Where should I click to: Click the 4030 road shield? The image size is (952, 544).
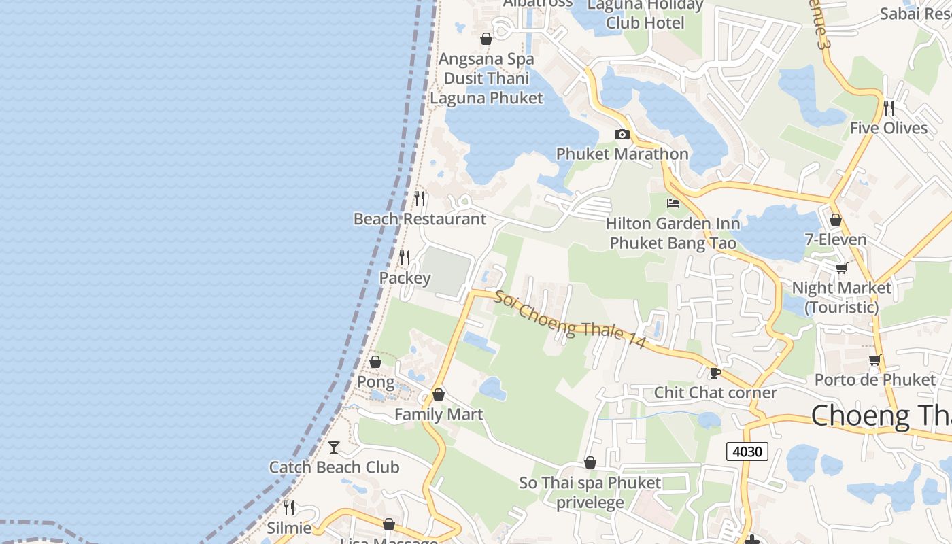(x=747, y=451)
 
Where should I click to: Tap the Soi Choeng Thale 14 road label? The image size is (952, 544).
(x=570, y=320)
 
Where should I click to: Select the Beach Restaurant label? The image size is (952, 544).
(x=420, y=219)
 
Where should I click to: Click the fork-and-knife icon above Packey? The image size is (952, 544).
(x=405, y=257)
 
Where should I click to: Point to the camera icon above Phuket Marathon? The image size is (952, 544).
(x=622, y=134)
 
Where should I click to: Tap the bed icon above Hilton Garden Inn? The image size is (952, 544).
(x=673, y=203)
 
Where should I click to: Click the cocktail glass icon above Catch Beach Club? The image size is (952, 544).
(x=334, y=447)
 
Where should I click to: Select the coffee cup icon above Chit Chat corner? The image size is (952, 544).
(x=715, y=372)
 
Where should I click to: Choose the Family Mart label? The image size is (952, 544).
(x=439, y=414)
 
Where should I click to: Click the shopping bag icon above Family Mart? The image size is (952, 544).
(x=439, y=394)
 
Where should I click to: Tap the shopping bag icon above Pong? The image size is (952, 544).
(x=375, y=362)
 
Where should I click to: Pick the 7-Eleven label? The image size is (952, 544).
(x=836, y=239)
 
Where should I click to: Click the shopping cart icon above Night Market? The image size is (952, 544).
(x=842, y=267)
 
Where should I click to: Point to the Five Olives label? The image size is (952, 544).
(x=888, y=128)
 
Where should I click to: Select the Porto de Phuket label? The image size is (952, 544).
(x=875, y=379)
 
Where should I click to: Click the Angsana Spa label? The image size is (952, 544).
(x=486, y=59)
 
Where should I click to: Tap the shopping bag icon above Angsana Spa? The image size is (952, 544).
(x=486, y=39)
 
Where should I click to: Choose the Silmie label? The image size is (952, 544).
(x=289, y=528)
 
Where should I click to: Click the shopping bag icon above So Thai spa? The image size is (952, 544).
(x=590, y=462)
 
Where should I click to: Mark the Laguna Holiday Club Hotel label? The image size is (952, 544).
(x=645, y=14)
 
